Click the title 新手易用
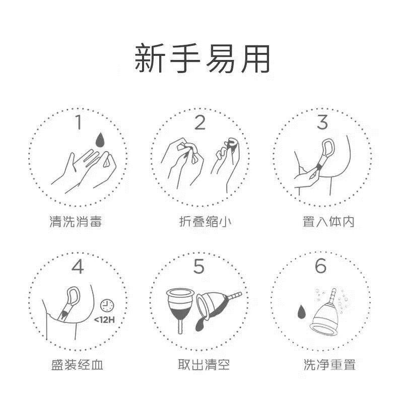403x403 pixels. click(202, 58)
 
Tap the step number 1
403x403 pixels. click(79, 122)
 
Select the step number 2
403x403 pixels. click(200, 122)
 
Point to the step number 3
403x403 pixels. click(322, 122)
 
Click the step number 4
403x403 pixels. click(78, 266)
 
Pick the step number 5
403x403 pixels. click(199, 266)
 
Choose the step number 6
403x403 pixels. click(321, 266)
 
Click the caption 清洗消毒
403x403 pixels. click(76, 222)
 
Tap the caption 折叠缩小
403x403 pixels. click(205, 222)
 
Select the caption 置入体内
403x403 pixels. click(328, 222)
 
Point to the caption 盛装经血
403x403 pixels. click(77, 364)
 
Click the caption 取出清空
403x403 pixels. click(204, 364)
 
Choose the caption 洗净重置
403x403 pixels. click(329, 364)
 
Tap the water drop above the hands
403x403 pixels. click(100, 141)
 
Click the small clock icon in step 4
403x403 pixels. click(107, 305)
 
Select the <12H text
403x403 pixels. click(104, 320)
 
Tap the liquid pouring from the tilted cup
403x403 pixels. click(201, 324)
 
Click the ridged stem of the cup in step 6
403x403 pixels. click(332, 296)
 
